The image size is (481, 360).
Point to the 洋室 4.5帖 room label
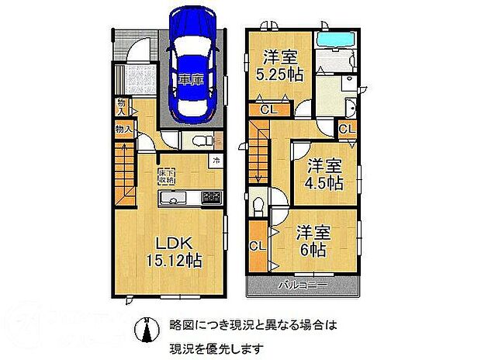pos(324,175)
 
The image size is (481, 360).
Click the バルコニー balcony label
pos(303,286)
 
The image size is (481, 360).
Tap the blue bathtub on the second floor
pos(336,40)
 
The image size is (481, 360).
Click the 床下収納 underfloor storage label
pos(166,175)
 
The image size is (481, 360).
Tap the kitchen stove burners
pos(211,197)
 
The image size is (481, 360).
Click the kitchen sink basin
pos(171,199)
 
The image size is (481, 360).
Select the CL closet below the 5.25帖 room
pos(268,110)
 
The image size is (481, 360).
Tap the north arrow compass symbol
pos(143,329)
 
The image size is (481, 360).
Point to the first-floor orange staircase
pos(125,176)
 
